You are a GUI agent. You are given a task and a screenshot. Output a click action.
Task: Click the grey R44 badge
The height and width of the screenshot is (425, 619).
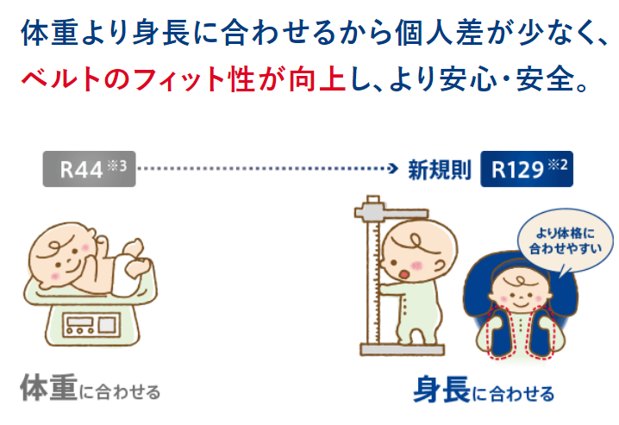(x=89, y=169)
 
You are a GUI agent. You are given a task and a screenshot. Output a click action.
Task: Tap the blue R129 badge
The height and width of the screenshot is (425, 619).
(x=527, y=169)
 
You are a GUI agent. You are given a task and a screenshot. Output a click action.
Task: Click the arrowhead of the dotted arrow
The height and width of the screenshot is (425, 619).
(x=393, y=168)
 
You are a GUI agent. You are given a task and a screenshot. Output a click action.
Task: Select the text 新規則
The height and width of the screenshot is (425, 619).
(x=440, y=170)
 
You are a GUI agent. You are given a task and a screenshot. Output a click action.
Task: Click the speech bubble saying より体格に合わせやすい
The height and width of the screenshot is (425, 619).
(x=566, y=241)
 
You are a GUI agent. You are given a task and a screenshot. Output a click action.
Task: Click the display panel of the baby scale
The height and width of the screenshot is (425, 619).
(x=91, y=325)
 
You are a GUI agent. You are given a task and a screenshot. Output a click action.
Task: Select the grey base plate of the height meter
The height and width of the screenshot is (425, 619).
(x=403, y=350)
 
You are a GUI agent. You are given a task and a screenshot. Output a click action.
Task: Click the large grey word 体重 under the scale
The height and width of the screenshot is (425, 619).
(x=49, y=388)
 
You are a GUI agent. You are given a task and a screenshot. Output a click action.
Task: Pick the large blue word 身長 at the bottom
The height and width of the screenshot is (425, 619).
(x=441, y=390)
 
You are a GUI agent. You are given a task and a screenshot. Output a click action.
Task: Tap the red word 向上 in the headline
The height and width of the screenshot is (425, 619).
(x=317, y=79)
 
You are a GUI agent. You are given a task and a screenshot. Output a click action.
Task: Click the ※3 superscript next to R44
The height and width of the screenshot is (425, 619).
(x=117, y=166)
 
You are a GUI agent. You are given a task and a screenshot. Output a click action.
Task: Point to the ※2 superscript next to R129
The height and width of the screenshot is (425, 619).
(x=558, y=165)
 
